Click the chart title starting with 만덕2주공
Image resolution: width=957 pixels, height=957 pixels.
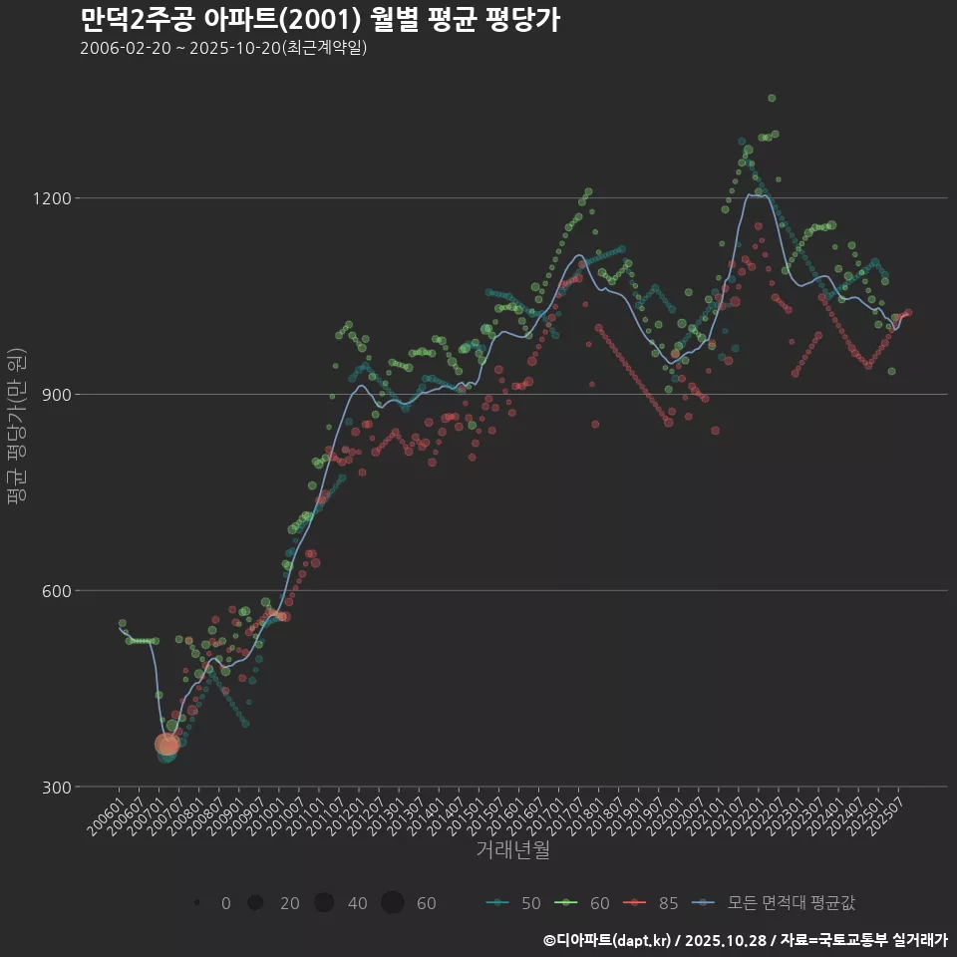coord(319,20)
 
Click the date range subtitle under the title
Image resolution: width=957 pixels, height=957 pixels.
coord(223,48)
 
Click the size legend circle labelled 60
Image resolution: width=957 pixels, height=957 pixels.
coord(392,903)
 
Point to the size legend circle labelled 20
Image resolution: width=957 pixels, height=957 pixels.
coord(256,903)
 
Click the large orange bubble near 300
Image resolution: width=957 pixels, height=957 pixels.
coord(167,744)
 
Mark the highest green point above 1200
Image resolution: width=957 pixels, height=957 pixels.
coord(772,98)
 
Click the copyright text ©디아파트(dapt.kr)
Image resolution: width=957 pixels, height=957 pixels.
coord(608,940)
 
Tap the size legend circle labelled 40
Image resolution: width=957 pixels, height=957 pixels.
coord(324,903)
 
